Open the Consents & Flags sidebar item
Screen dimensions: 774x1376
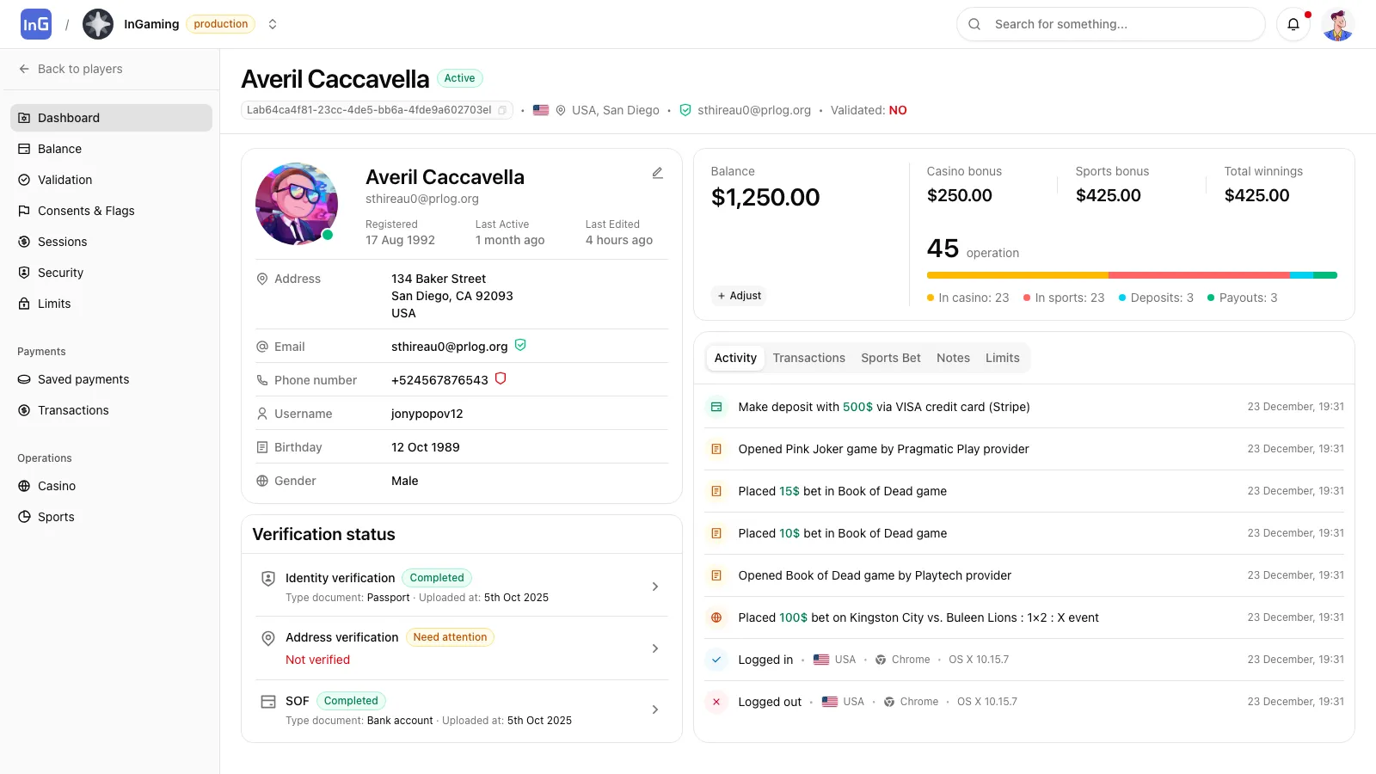[86, 211]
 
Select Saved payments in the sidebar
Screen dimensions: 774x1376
[83, 379]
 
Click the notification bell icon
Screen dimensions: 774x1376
[1293, 24]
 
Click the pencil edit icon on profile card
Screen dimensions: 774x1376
[657, 173]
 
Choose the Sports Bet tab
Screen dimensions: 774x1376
[890, 358]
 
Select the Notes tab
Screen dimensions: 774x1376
[953, 358]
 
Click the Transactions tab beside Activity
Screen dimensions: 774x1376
[808, 358]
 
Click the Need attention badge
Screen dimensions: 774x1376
[450, 637]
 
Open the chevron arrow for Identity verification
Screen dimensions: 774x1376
[655, 587]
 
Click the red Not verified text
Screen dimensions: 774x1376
[317, 660]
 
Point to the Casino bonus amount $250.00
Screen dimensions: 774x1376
[959, 195]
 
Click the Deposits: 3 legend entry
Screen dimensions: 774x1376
[1156, 298]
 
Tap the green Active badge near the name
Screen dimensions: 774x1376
[459, 78]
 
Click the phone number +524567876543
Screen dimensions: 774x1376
[439, 380]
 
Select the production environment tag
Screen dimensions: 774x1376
[220, 24]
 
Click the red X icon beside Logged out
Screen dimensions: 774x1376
[716, 702]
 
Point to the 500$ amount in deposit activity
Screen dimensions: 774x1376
[857, 407]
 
